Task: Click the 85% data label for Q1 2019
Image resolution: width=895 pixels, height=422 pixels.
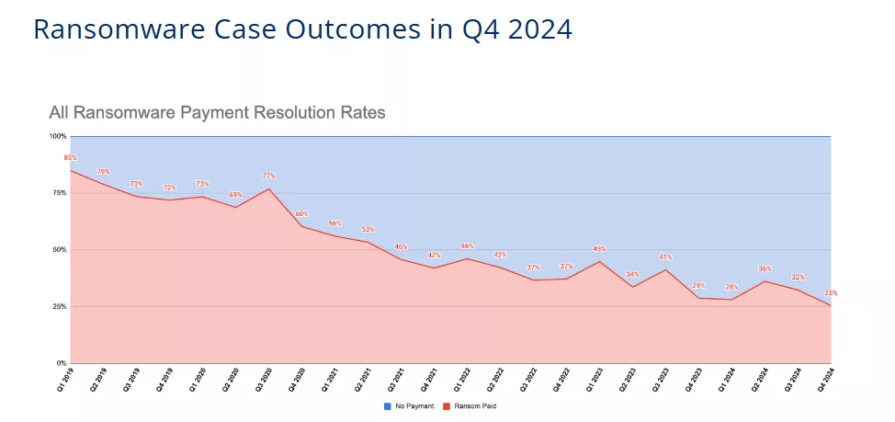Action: (70, 158)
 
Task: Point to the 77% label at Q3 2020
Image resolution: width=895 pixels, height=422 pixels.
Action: (268, 176)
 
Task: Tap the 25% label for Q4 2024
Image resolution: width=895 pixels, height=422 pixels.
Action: (831, 293)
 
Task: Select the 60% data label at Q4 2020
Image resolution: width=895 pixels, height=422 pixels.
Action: (301, 213)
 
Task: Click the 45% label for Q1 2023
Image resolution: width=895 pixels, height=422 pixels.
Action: (599, 248)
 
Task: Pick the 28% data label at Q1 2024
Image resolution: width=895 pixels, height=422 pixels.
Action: (731, 287)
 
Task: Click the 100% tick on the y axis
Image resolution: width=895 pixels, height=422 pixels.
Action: (58, 136)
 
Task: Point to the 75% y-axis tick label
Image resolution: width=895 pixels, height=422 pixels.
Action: (59, 193)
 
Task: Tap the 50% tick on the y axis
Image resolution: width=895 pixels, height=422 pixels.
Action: (59, 249)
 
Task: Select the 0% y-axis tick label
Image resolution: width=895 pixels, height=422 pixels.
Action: (61, 363)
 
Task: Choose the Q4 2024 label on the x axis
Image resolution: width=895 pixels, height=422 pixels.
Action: (827, 379)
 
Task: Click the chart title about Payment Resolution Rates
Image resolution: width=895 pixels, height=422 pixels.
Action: (217, 113)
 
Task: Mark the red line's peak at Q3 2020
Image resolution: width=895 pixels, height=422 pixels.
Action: (268, 188)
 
